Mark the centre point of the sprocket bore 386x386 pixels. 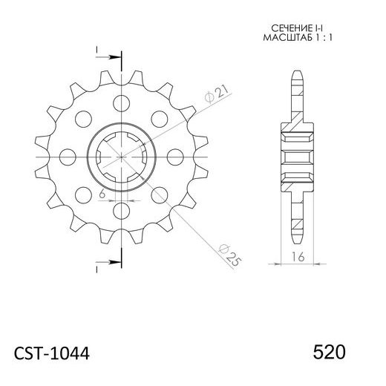[x=120, y=156]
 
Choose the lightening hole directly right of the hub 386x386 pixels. [x=175, y=156]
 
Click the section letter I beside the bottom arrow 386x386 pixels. [x=96, y=268]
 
